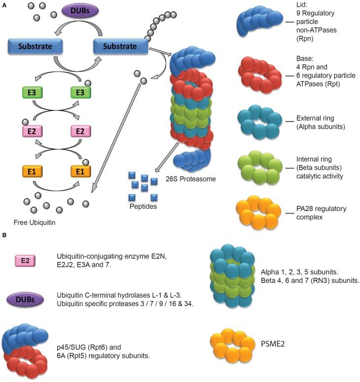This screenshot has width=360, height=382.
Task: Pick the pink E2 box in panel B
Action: click(x=29, y=261)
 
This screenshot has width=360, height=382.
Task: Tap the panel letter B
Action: click(x=4, y=236)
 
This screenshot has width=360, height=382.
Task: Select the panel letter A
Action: click(x=4, y=4)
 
